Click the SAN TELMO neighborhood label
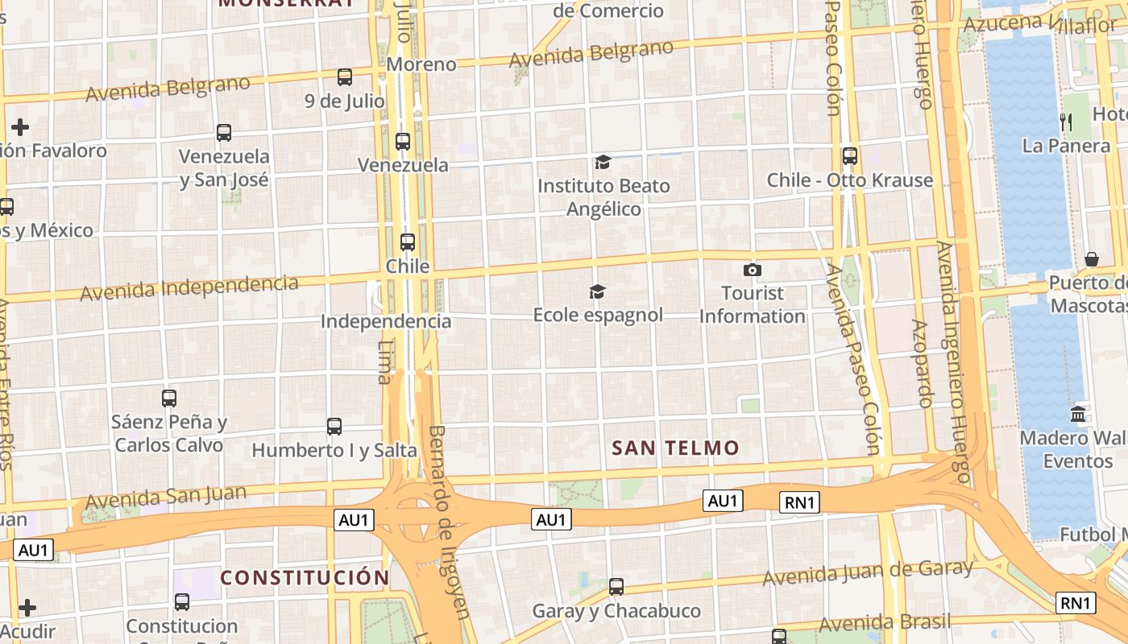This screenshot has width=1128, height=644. (675, 448)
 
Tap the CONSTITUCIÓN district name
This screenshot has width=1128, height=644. (305, 577)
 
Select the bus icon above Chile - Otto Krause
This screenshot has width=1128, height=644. (850, 156)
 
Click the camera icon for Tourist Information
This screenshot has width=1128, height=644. (752, 270)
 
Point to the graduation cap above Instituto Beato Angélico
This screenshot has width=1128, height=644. (603, 163)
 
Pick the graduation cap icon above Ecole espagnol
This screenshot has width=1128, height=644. (597, 291)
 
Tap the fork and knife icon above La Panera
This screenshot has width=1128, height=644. (1066, 122)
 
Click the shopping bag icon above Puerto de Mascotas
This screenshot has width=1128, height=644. (1092, 259)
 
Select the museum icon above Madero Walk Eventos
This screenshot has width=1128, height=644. (1078, 415)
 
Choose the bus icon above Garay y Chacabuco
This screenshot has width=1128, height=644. (616, 587)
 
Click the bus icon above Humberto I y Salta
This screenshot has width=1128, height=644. (334, 427)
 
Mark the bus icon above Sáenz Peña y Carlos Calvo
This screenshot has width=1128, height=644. (169, 398)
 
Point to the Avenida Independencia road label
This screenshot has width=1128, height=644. (189, 288)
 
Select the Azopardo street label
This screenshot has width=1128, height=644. (923, 362)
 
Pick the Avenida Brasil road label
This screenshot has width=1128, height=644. (885, 623)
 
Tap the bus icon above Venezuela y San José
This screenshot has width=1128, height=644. (224, 133)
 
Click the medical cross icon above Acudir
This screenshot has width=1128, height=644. (27, 608)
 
